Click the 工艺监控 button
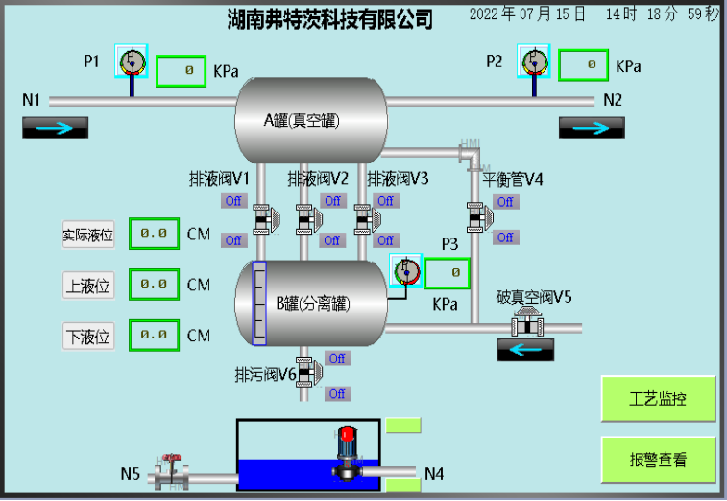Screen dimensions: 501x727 pos(658,399)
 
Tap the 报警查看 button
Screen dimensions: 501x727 pos(658,460)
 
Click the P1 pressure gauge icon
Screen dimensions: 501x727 pos(131,63)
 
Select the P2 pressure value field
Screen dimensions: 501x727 pos(583,65)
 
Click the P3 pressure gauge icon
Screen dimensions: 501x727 pos(406,270)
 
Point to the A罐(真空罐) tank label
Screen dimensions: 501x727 pos(303,120)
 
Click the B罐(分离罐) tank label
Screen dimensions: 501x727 pos(313,304)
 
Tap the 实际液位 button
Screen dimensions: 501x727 pos(88,234)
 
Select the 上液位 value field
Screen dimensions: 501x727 pos(154,285)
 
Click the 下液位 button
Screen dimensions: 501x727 pos(88,337)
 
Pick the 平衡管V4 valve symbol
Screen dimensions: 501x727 pos(477,219)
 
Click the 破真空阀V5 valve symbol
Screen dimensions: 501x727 pos(527,323)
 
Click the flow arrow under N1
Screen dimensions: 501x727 pos(55,128)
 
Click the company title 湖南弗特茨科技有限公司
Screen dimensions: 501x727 pos(329,18)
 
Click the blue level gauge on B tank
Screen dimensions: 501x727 pos(258,303)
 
